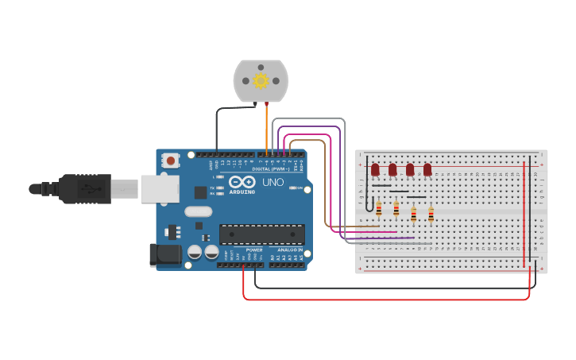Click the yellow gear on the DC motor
pos(261,80)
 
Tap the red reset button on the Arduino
pos(170,161)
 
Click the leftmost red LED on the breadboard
pos(375,169)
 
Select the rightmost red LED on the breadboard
pos(427,169)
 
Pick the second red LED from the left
pos(392,169)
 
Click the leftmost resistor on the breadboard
pos(379,209)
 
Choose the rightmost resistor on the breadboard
pos(431,214)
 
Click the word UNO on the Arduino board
pos(273,183)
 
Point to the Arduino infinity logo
pos(242,182)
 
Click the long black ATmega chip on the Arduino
pos(261,234)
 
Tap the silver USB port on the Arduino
pos(160,189)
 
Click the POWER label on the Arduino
pos(254,249)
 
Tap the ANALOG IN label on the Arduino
pos(289,249)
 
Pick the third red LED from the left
pos(410,169)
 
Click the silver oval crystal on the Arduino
pos(199,211)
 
